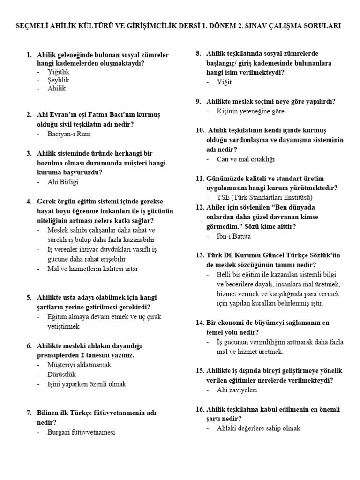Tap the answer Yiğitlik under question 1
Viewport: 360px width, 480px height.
point(59,72)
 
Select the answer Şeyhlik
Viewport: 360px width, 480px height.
point(58,80)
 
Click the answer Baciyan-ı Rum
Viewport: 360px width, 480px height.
point(69,134)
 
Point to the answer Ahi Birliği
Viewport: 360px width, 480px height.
point(63,182)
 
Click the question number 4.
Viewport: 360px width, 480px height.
point(29,201)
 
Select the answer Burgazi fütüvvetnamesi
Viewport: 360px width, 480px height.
point(81,432)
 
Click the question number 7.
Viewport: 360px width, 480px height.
point(29,413)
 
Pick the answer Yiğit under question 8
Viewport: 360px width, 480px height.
point(225,82)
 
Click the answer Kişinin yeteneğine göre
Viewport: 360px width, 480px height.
point(250,111)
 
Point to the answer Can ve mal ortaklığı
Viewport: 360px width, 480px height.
point(246,159)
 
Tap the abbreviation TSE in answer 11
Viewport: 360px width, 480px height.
point(224,197)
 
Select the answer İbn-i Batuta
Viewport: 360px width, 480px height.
point(234,236)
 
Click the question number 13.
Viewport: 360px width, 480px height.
point(199,255)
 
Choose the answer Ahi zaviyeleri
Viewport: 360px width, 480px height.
point(237,390)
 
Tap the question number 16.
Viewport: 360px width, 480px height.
point(199,409)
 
